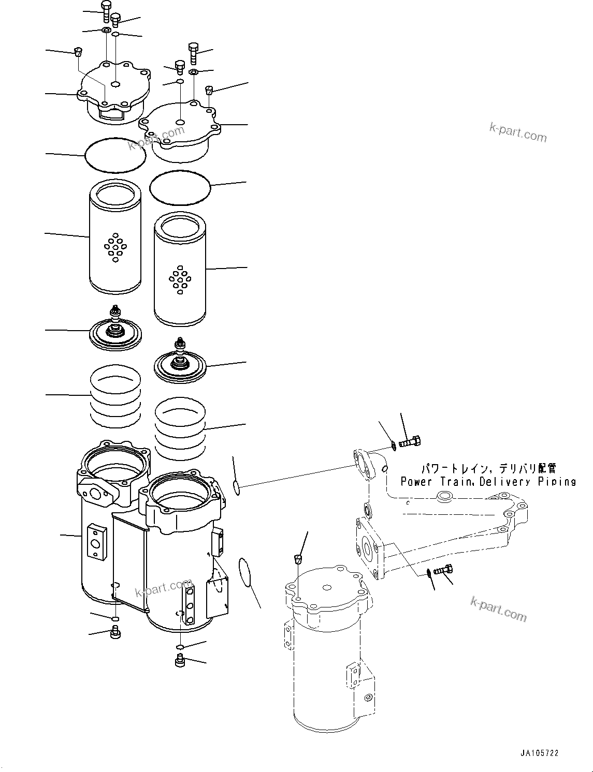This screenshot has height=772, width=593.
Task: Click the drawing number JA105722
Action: click(541, 754)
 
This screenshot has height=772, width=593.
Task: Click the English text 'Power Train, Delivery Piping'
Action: click(488, 482)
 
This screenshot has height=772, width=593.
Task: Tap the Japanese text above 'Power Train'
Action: click(488, 469)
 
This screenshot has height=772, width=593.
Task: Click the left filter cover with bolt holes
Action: click(114, 93)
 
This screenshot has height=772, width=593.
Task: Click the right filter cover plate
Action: click(180, 129)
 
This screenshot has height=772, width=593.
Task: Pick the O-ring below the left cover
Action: click(115, 154)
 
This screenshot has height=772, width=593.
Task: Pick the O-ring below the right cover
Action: click(180, 188)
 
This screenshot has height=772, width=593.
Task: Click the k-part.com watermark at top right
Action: click(517, 133)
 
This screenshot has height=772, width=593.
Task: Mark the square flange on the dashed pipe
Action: click(368, 550)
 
